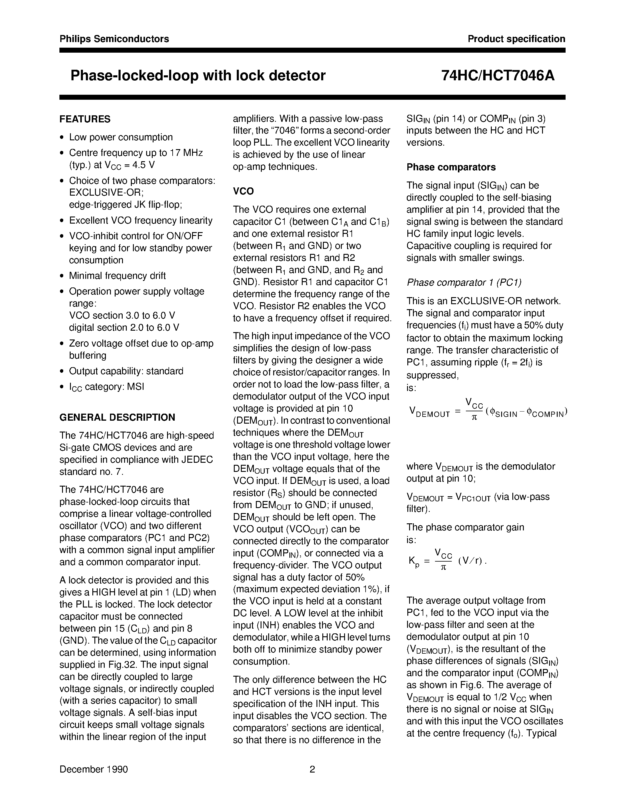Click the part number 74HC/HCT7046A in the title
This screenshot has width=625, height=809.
498,76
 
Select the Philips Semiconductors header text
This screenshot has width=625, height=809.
114,39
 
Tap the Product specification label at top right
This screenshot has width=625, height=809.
516,39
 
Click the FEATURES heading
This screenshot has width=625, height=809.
85,119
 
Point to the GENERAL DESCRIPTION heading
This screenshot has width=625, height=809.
117,417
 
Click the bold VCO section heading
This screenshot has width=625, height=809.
243,192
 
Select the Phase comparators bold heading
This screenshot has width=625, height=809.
451,167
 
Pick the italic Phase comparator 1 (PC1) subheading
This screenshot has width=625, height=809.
464,283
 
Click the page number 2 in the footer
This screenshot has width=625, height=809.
312,769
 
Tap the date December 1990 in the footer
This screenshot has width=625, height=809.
94,769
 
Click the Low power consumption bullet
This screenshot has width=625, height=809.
121,137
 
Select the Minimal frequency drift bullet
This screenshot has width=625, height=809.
117,276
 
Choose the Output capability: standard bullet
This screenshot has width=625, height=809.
126,371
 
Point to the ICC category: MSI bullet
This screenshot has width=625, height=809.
107,387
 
